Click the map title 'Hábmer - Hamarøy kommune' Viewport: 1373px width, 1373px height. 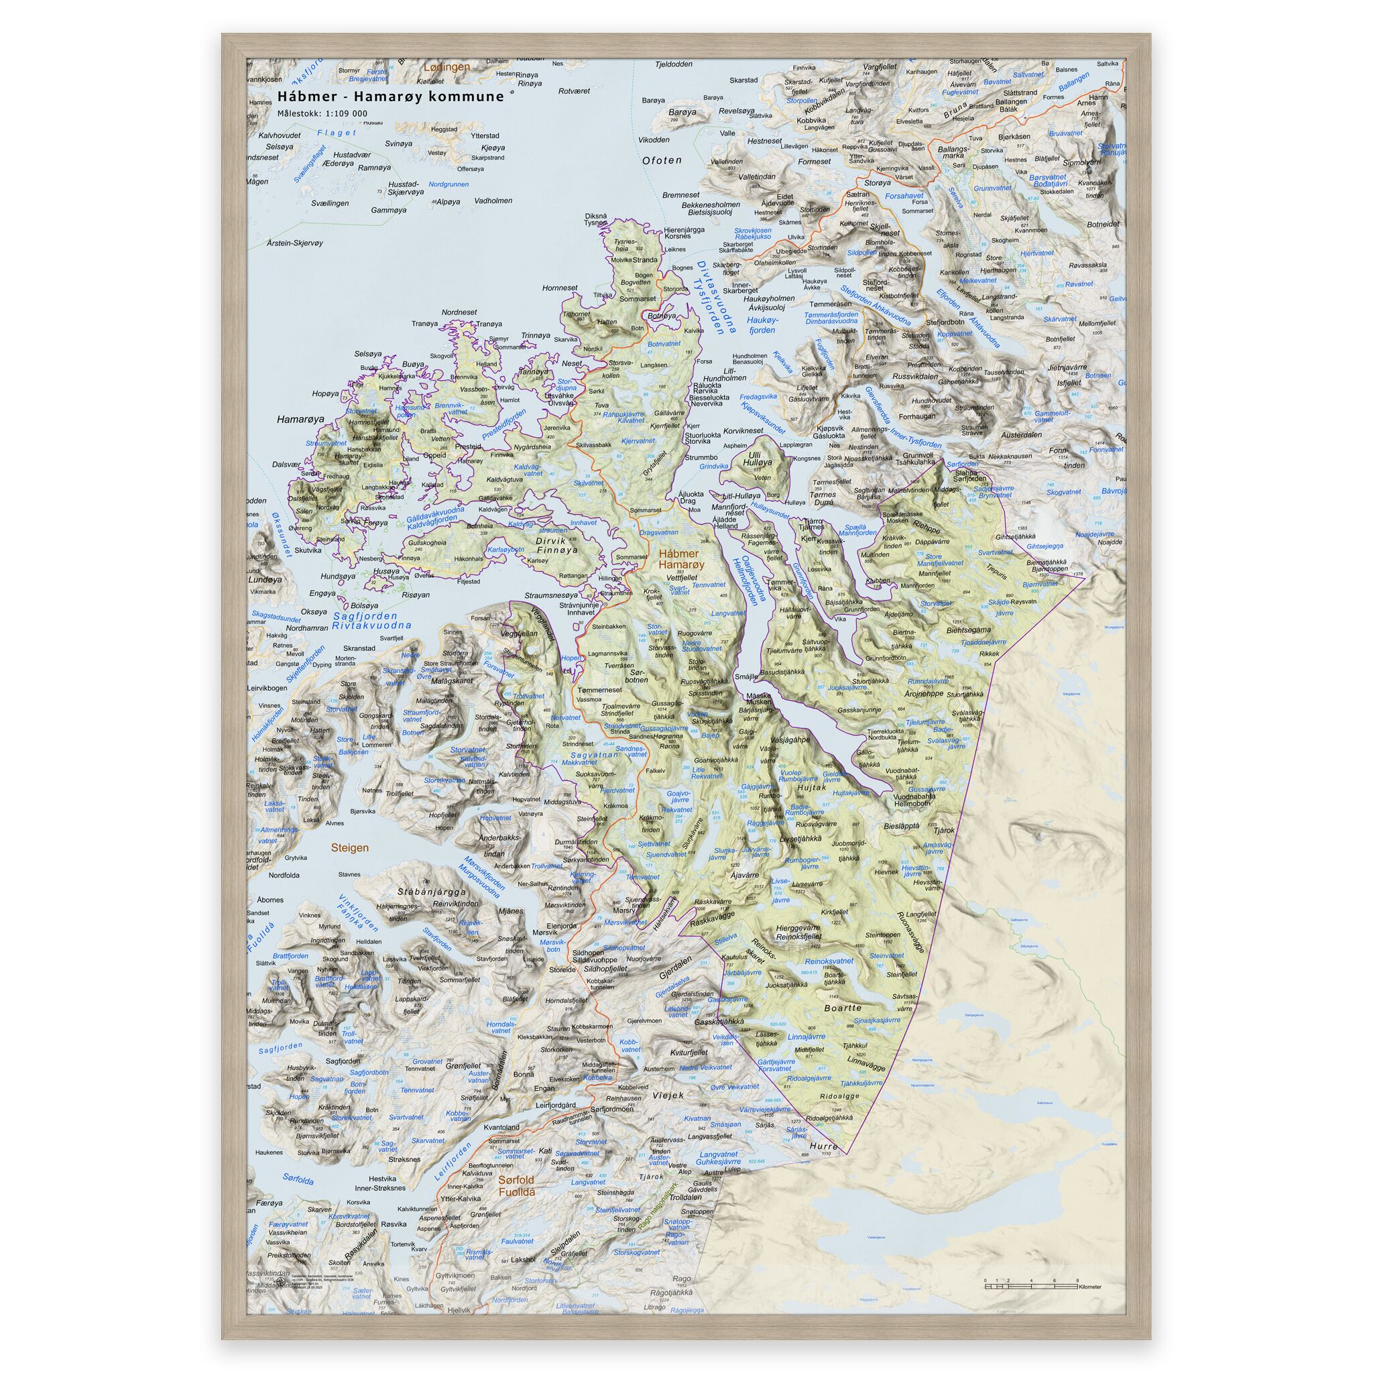point(390,97)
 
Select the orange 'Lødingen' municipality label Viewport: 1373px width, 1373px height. point(446,67)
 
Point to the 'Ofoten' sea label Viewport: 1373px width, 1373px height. point(662,161)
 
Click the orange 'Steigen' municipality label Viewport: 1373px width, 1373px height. point(350,848)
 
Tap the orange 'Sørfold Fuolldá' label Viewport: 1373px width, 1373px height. point(516,1185)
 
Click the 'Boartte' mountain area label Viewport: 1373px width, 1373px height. point(843,1008)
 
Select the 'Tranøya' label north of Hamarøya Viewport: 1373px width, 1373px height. point(424,324)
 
